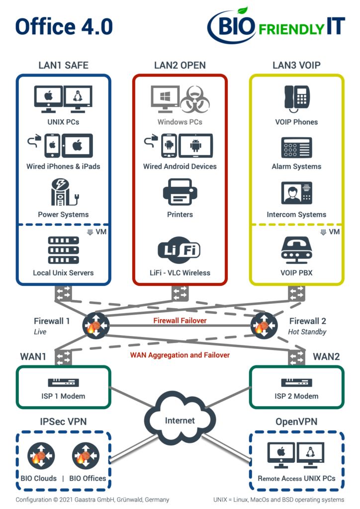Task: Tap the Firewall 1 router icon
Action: (x=96, y=325)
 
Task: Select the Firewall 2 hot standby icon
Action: (x=264, y=325)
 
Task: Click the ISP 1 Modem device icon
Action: (x=63, y=382)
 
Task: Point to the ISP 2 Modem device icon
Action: (x=296, y=382)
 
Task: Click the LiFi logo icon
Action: (x=179, y=250)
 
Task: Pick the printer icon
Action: (x=180, y=191)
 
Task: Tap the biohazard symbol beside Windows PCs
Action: (x=195, y=99)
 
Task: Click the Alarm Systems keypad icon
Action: (x=297, y=147)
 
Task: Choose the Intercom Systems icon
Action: (x=297, y=192)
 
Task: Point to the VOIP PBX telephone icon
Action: (x=297, y=251)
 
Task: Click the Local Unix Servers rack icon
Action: (x=63, y=250)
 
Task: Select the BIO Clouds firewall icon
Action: (x=41, y=455)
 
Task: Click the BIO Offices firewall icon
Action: (x=86, y=455)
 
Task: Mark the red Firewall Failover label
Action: (x=180, y=321)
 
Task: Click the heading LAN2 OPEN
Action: (x=180, y=65)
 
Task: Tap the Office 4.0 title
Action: (x=64, y=27)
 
